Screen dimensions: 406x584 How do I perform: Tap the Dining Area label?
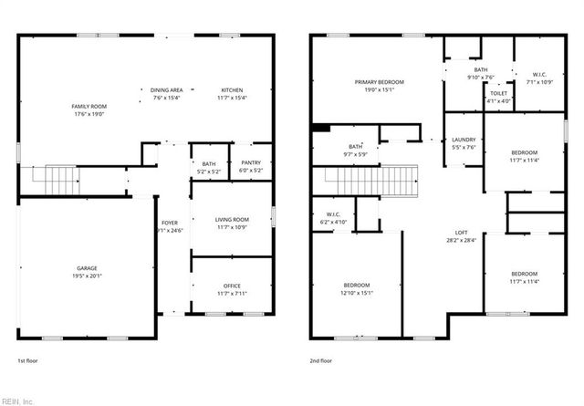tap(167, 90)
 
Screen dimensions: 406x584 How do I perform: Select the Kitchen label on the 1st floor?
tap(232, 90)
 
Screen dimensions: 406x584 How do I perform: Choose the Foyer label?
tap(170, 223)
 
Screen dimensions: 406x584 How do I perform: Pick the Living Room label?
tap(232, 219)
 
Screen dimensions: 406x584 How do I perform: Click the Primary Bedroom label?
tap(380, 82)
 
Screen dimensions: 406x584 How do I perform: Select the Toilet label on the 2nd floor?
tap(499, 93)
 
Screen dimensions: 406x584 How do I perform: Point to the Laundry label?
tap(464, 140)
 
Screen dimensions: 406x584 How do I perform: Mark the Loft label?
tap(462, 232)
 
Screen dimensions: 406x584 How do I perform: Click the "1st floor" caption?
tap(28, 360)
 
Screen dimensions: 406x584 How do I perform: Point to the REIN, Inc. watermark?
tap(18, 400)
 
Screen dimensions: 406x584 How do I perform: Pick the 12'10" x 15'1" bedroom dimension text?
tap(358, 293)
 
